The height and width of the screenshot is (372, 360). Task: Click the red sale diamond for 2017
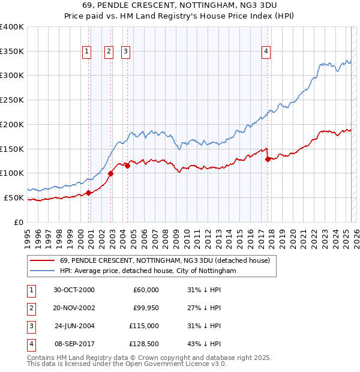click(268, 159)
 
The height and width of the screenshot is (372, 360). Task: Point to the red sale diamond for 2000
click(88, 193)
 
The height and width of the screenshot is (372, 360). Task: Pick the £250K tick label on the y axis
click(11, 100)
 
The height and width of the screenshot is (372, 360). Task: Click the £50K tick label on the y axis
click(14, 197)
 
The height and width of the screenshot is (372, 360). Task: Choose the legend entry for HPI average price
click(148, 271)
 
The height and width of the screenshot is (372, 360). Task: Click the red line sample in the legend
click(42, 260)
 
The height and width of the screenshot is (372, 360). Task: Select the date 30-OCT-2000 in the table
click(74, 290)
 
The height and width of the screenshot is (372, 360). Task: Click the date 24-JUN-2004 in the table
click(74, 326)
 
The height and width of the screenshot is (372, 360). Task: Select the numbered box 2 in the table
click(31, 308)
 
